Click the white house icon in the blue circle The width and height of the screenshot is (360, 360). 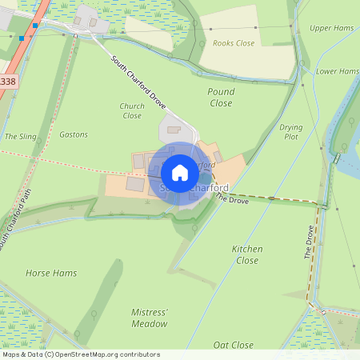[x=180, y=173]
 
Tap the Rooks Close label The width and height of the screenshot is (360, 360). [x=234, y=43]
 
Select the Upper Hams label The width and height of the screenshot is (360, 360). [x=331, y=28]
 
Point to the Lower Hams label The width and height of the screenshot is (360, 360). [x=337, y=71]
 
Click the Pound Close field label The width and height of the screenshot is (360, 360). [x=221, y=98]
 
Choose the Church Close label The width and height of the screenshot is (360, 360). [x=132, y=111]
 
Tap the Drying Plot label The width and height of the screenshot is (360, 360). [x=290, y=132]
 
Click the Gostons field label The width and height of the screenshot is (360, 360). [x=74, y=134]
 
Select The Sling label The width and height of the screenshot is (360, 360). [x=21, y=137]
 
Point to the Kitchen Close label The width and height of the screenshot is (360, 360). [x=247, y=254]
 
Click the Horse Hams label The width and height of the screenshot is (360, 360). [x=51, y=273]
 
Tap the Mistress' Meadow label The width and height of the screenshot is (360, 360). [x=150, y=318]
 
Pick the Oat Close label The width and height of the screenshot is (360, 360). [x=234, y=345]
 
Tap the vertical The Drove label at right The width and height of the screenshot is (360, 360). [x=309, y=242]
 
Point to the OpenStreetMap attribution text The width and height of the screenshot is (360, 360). [x=81, y=354]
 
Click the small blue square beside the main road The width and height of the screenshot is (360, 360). [x=22, y=37]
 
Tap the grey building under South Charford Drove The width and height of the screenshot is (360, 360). [x=174, y=128]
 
